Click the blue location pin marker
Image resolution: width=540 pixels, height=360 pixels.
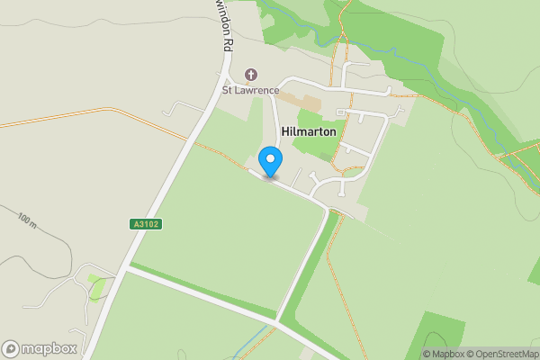pyautogui.click(x=270, y=162)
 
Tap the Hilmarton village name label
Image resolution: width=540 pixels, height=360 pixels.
pyautogui.click(x=309, y=131)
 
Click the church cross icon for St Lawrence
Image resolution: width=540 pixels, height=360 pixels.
pyautogui.click(x=250, y=75)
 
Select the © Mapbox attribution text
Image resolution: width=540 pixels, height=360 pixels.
pyautogui.click(x=445, y=354)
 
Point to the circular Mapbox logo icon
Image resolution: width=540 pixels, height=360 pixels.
pyautogui.click(x=11, y=348)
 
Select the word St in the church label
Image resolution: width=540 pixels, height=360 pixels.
pyautogui.click(x=229, y=90)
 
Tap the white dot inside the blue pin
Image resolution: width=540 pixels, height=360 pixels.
pyautogui.click(x=270, y=157)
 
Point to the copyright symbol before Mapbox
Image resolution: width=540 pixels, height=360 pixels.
pyautogui.click(x=426, y=354)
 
